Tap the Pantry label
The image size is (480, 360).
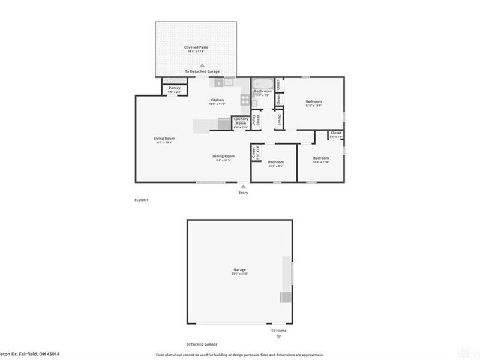point(175,88)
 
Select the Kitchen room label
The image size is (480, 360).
point(217,100)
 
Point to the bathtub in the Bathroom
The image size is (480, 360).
point(262,85)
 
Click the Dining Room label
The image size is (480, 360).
point(222,157)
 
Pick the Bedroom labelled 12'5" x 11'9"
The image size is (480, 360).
point(314,101)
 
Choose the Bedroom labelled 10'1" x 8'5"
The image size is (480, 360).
point(275,162)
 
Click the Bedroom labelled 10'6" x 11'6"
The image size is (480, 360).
point(321,158)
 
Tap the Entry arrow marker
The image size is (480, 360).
point(243,186)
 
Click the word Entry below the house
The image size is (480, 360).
point(243,193)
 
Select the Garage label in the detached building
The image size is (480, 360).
point(240,270)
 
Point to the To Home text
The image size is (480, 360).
point(278,331)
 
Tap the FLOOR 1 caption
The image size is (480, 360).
point(141,200)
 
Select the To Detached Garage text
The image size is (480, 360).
point(202,71)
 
